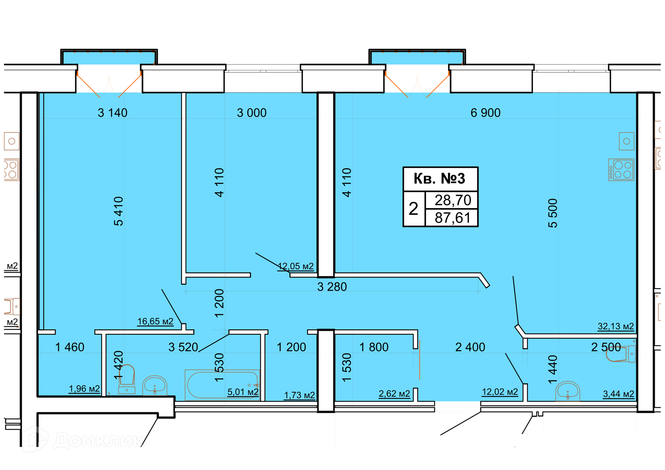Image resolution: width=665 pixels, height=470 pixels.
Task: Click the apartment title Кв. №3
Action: point(439,179)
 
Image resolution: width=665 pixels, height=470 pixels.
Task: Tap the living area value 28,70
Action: point(453,200)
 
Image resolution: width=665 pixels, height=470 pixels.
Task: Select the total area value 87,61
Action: point(453,218)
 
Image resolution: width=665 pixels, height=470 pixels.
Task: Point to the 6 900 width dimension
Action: point(485,113)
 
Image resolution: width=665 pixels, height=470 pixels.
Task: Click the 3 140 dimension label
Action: point(113,113)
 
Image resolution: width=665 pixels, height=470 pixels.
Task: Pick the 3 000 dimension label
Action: point(252,113)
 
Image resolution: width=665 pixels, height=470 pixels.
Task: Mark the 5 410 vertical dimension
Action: point(118,211)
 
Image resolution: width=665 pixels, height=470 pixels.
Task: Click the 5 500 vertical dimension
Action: point(553,213)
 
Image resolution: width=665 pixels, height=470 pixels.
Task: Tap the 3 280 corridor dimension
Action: point(332,287)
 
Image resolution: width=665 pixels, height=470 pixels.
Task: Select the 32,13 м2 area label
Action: point(616,326)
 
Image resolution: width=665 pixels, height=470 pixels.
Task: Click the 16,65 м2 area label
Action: point(156,322)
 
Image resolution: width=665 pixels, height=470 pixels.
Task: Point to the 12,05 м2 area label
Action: point(296,266)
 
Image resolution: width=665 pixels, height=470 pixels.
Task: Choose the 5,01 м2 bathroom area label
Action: point(243,392)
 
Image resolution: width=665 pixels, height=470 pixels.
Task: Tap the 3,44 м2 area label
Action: point(619,394)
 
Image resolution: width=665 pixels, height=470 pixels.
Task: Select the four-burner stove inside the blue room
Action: point(621,170)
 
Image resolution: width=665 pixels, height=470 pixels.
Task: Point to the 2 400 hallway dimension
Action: point(470,347)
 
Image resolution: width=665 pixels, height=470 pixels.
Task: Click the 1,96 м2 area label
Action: point(85,389)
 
